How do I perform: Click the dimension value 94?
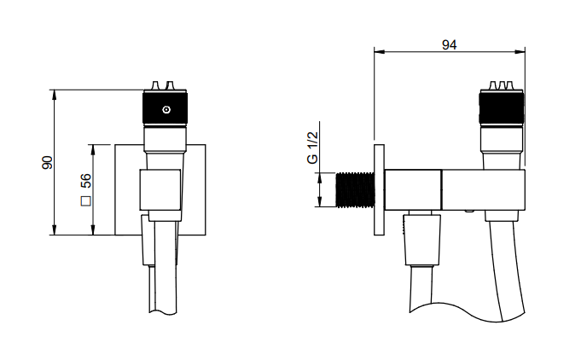pos(450,45)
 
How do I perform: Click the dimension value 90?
pos(48,162)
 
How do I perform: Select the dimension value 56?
pos(85,181)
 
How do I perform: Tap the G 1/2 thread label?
pos(312,148)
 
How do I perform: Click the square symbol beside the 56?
pos(85,201)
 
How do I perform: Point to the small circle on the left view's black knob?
pos(166,110)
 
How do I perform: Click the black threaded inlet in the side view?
pos(355,189)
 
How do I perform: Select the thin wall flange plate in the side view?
pos(379,189)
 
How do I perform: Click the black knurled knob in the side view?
pos(502,107)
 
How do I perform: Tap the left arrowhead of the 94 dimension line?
pos(379,52)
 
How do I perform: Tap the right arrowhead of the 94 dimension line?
pos(520,52)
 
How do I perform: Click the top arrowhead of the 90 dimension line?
pos(55,95)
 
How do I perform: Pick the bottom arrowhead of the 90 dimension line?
pos(55,230)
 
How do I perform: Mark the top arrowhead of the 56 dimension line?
pos(93,149)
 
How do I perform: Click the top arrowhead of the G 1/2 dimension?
pos(320,177)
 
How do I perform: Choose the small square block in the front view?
pos(160,189)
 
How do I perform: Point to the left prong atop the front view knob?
pos(154,85)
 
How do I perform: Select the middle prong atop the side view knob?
pos(502,85)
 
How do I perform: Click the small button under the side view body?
pos(469,212)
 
